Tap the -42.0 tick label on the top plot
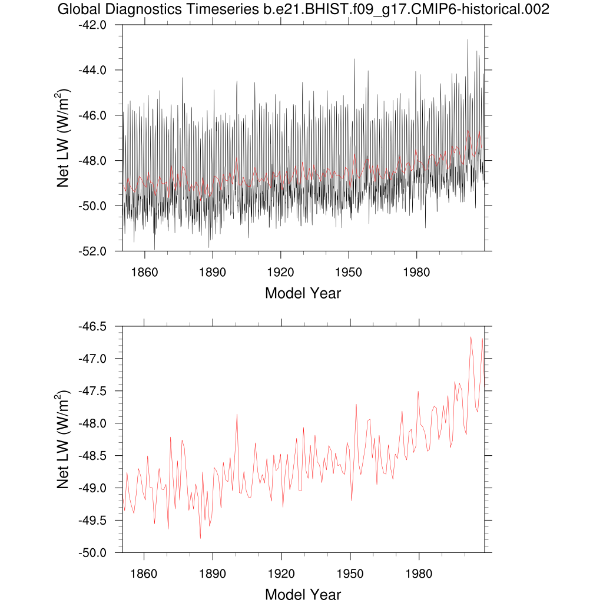[93, 25]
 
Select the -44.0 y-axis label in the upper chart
[93, 71]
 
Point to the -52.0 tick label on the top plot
[93, 251]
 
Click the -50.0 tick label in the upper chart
[93, 206]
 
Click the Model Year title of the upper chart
[303, 293]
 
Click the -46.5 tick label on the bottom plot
[93, 327]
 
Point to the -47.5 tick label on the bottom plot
[93, 392]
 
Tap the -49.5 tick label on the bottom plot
[93, 521]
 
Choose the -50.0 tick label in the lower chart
[93, 553]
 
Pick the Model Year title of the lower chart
[303, 594]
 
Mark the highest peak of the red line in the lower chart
[471, 337]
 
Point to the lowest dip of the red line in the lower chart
[200, 538]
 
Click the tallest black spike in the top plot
[468, 39]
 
